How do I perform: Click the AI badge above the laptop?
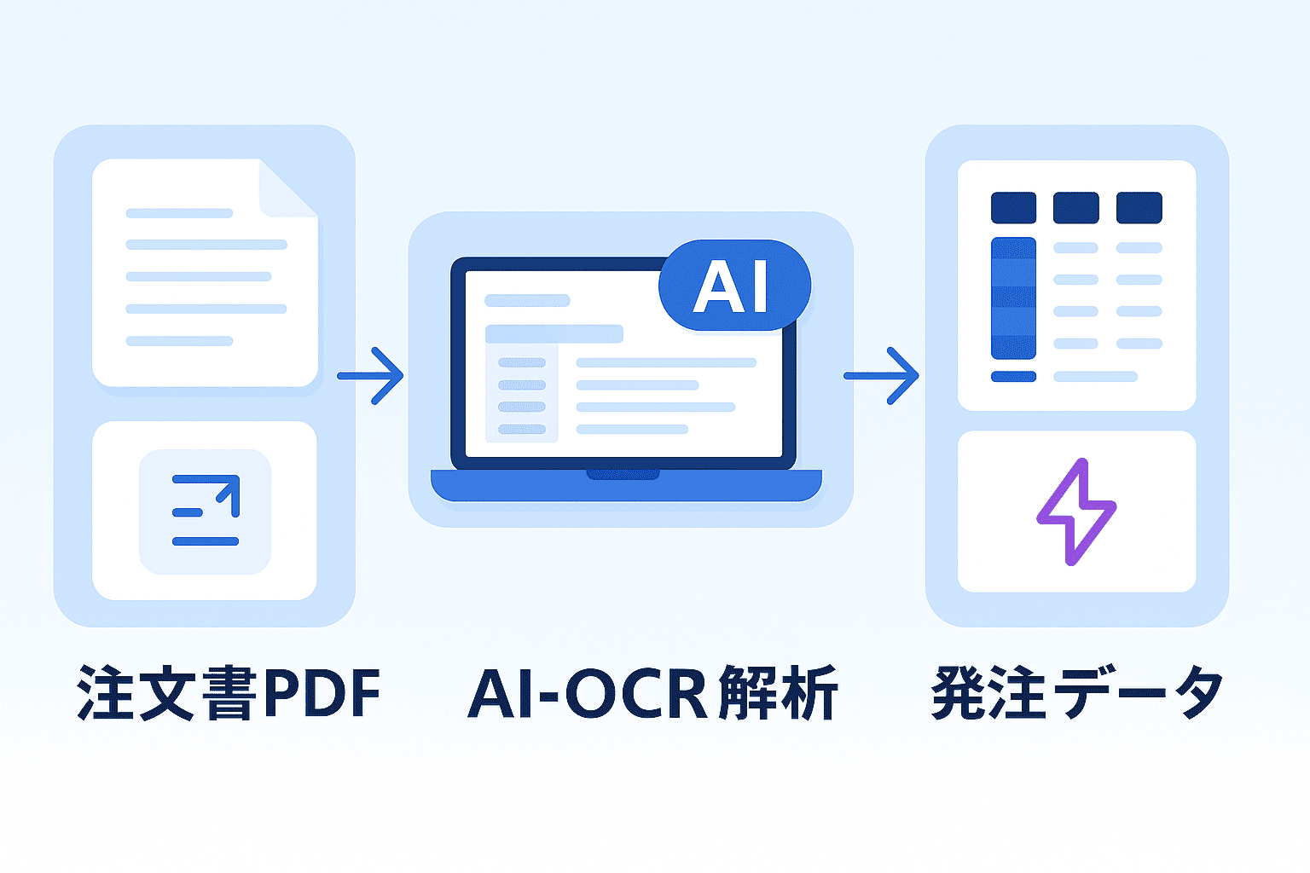(x=734, y=286)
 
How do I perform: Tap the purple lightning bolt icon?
(x=1076, y=512)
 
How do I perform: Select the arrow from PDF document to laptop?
(x=372, y=375)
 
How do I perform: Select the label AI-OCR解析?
(x=653, y=693)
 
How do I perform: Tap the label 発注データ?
(x=1077, y=693)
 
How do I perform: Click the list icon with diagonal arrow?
(x=206, y=511)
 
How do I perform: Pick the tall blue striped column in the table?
(x=1013, y=298)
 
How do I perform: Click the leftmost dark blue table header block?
(x=1013, y=208)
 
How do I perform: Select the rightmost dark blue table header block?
(x=1139, y=208)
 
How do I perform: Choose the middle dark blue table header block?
(x=1075, y=208)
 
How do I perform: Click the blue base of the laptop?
(x=626, y=488)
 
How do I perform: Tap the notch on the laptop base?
(x=623, y=474)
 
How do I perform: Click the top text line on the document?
(x=179, y=213)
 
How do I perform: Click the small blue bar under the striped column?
(x=1013, y=376)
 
